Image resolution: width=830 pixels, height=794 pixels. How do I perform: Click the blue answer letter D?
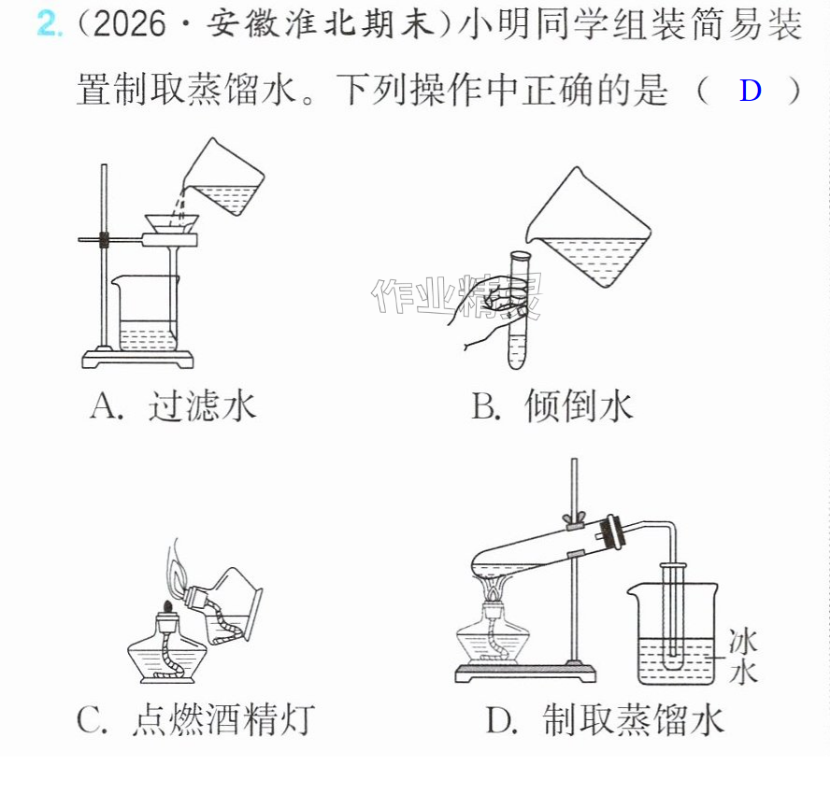(x=750, y=91)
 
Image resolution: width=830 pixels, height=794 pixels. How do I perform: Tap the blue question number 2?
(x=49, y=23)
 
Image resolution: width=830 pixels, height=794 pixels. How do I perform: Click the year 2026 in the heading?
(x=129, y=23)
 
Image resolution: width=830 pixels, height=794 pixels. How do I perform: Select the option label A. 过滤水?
(x=173, y=406)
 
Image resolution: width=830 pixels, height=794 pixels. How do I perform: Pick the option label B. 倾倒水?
(x=552, y=406)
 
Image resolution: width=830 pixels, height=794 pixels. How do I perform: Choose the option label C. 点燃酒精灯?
(x=196, y=719)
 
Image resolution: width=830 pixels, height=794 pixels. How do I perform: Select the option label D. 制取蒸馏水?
(x=605, y=719)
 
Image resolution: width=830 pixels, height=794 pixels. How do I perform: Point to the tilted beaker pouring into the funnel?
(x=225, y=177)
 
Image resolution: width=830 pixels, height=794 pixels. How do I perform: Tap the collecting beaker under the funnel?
(x=146, y=313)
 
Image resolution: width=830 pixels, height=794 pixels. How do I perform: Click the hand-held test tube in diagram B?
(x=518, y=309)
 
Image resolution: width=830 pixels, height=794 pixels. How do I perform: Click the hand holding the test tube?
(x=484, y=306)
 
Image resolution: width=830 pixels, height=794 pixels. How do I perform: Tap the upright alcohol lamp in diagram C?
(x=165, y=645)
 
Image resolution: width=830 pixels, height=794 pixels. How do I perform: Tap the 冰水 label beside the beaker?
(x=743, y=656)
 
